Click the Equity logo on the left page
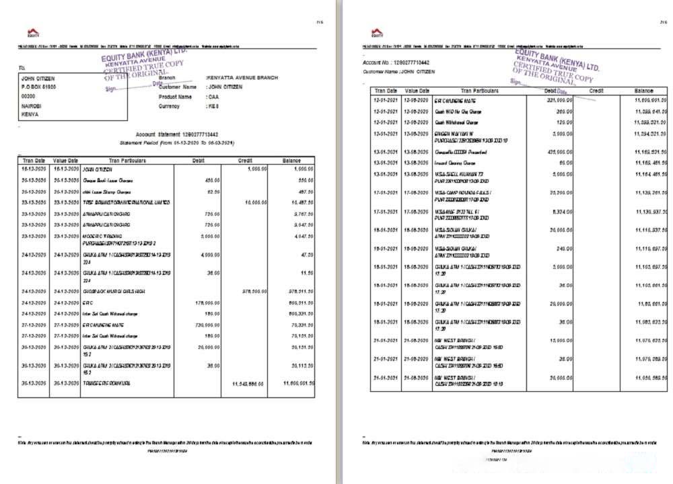(33, 33)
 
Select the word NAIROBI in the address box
(33, 106)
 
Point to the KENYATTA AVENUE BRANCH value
(242, 78)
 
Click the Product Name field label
(175, 97)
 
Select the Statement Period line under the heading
(176, 143)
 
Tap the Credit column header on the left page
(244, 161)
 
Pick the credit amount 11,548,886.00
(248, 384)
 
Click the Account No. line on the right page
(396, 63)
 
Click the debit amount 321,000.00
(559, 100)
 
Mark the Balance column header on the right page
(643, 90)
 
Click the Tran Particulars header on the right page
(479, 90)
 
